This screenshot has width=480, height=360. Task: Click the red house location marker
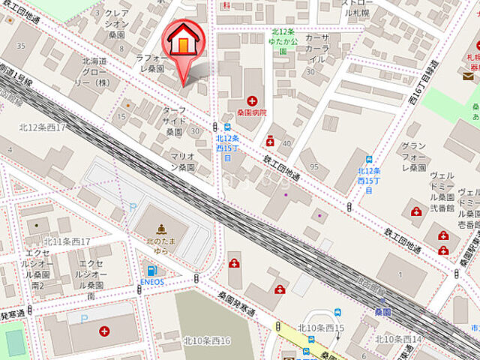(x=182, y=45)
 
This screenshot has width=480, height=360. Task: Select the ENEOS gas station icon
(x=152, y=271)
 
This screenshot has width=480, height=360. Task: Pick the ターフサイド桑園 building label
(x=175, y=119)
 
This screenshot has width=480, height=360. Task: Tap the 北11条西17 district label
(x=66, y=241)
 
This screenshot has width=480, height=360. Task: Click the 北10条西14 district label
(x=399, y=339)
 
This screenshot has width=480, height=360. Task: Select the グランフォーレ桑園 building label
(x=414, y=156)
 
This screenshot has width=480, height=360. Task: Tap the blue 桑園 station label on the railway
(x=382, y=310)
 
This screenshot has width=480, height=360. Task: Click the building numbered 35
(x=21, y=46)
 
